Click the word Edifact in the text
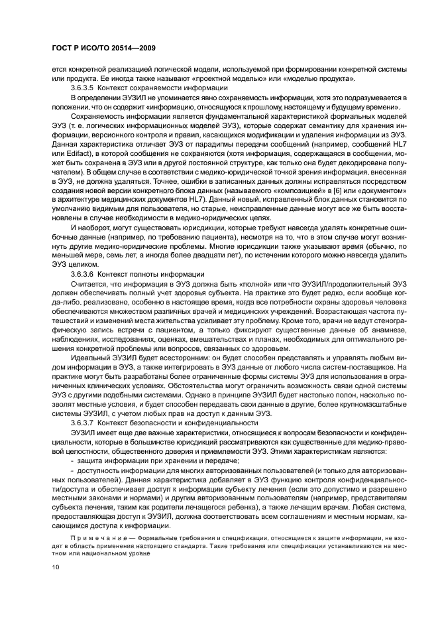coord(74,162)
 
